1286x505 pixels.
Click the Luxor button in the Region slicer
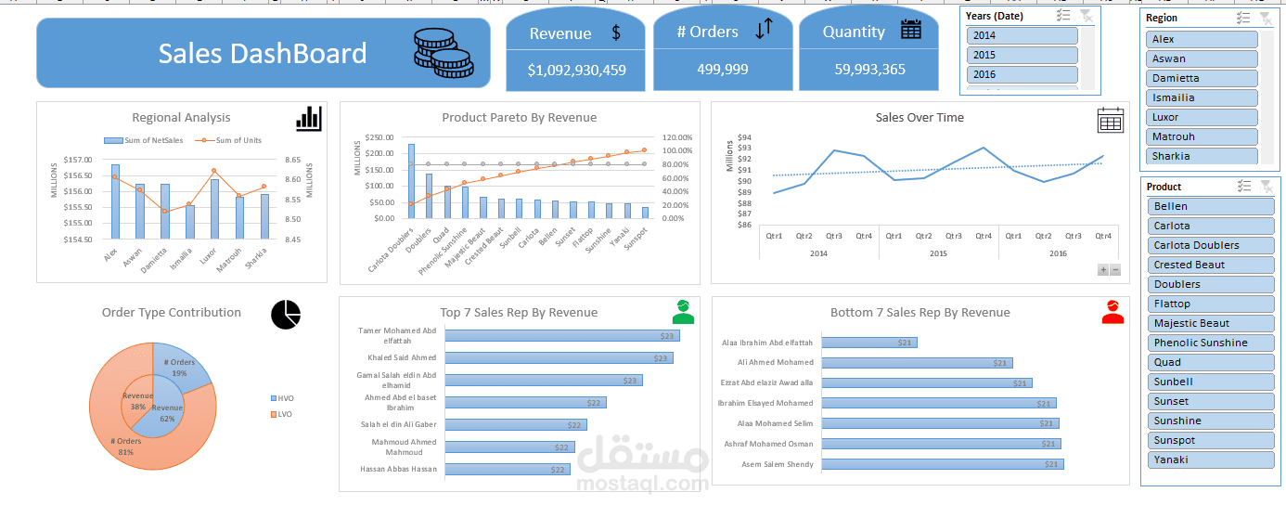(x=1202, y=117)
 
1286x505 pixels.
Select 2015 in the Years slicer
(x=1022, y=55)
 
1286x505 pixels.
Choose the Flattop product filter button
(x=1210, y=304)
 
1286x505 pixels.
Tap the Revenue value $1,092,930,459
(x=576, y=70)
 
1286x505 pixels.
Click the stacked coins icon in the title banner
(x=443, y=54)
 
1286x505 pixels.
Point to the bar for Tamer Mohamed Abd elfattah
(x=560, y=336)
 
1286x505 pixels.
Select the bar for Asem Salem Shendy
(x=942, y=464)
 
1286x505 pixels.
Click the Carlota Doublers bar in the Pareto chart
(x=411, y=181)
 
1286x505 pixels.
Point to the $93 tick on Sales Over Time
(x=743, y=147)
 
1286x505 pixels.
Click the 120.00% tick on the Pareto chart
(x=677, y=137)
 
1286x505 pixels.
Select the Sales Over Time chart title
(x=919, y=118)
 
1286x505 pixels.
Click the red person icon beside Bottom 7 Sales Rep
(x=1112, y=312)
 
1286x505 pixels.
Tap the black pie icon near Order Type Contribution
(x=286, y=314)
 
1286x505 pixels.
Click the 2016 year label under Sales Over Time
(x=1057, y=253)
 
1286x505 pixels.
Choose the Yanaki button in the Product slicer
(x=1210, y=460)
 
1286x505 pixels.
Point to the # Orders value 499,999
(x=722, y=70)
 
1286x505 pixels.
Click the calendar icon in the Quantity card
(x=911, y=30)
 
